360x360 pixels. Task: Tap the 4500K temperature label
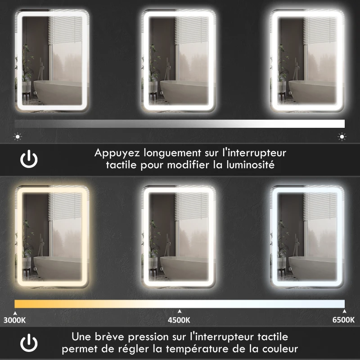pos(179,320)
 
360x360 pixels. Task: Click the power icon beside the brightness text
pos(29,159)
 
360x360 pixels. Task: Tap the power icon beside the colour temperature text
pos(29,343)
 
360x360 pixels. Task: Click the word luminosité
pos(250,165)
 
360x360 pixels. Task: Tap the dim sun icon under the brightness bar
pos(18,136)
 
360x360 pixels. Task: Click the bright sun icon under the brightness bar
pos(342,136)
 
